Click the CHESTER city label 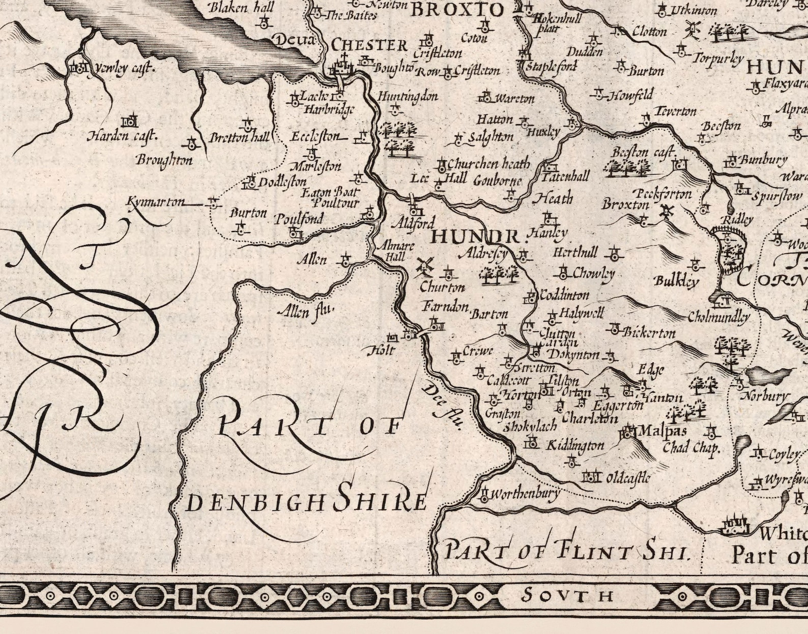coord(369,45)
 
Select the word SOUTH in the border coord(568,594)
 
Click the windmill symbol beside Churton coord(424,265)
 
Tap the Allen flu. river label coord(307,309)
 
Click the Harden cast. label coord(123,136)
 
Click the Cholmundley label coord(718,318)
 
